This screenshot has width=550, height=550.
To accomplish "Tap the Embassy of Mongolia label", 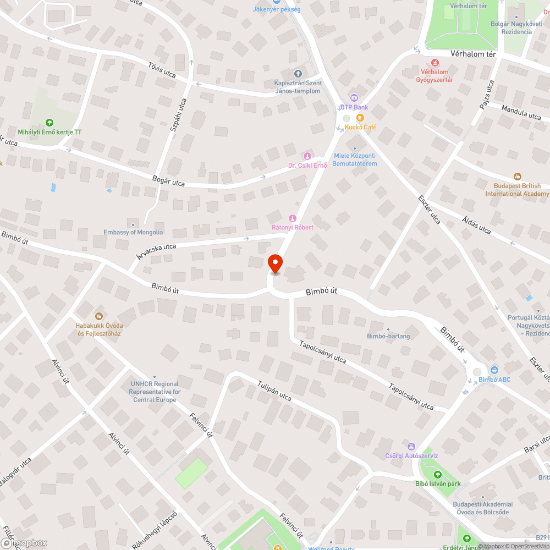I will (x=133, y=232).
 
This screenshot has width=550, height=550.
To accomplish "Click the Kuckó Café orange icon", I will (x=360, y=118).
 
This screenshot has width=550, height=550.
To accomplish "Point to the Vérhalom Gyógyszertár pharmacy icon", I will (x=435, y=63).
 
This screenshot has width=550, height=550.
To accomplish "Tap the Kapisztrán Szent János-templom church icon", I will (x=298, y=74).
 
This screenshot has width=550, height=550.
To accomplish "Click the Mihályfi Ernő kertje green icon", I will (x=50, y=123).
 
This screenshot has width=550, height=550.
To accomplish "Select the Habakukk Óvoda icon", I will (x=99, y=316).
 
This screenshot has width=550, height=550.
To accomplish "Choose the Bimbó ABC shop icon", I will (x=494, y=371).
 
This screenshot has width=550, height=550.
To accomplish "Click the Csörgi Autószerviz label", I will (x=411, y=456).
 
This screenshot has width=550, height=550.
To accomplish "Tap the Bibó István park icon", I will (x=438, y=475).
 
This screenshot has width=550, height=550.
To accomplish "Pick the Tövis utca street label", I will (x=162, y=69).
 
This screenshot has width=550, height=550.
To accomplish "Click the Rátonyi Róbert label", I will (x=293, y=227).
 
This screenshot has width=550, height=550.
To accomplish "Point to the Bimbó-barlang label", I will (x=388, y=336).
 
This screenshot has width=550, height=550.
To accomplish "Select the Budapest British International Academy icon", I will (x=517, y=177).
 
